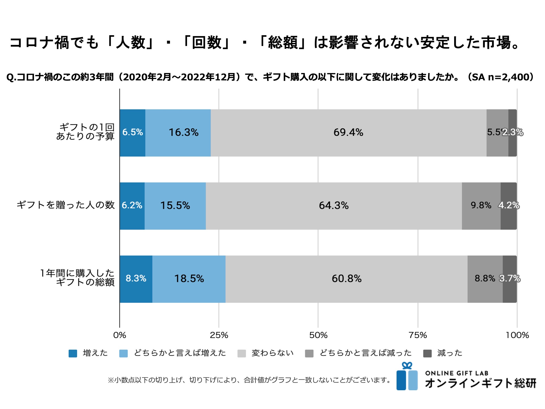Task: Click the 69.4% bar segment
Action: click(348, 133)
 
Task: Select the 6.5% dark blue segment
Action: click(132, 133)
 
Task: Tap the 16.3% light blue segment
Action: click(183, 133)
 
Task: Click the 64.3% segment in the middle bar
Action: click(334, 206)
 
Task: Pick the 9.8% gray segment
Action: click(481, 206)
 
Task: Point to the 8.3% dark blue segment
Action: click(136, 279)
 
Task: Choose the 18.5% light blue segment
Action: click(189, 279)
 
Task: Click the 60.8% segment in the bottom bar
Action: click(346, 279)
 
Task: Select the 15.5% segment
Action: click(175, 206)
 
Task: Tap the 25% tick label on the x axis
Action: click(219, 335)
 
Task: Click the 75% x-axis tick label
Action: click(418, 335)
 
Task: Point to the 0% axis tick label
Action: click(120, 335)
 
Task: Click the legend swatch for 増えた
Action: click(73, 353)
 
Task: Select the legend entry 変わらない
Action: click(272, 353)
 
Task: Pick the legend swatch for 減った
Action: click(427, 353)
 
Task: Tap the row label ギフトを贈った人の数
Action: click(66, 205)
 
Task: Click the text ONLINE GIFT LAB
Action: click(457, 373)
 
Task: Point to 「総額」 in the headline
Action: click(283, 43)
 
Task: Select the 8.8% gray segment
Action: click(485, 279)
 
